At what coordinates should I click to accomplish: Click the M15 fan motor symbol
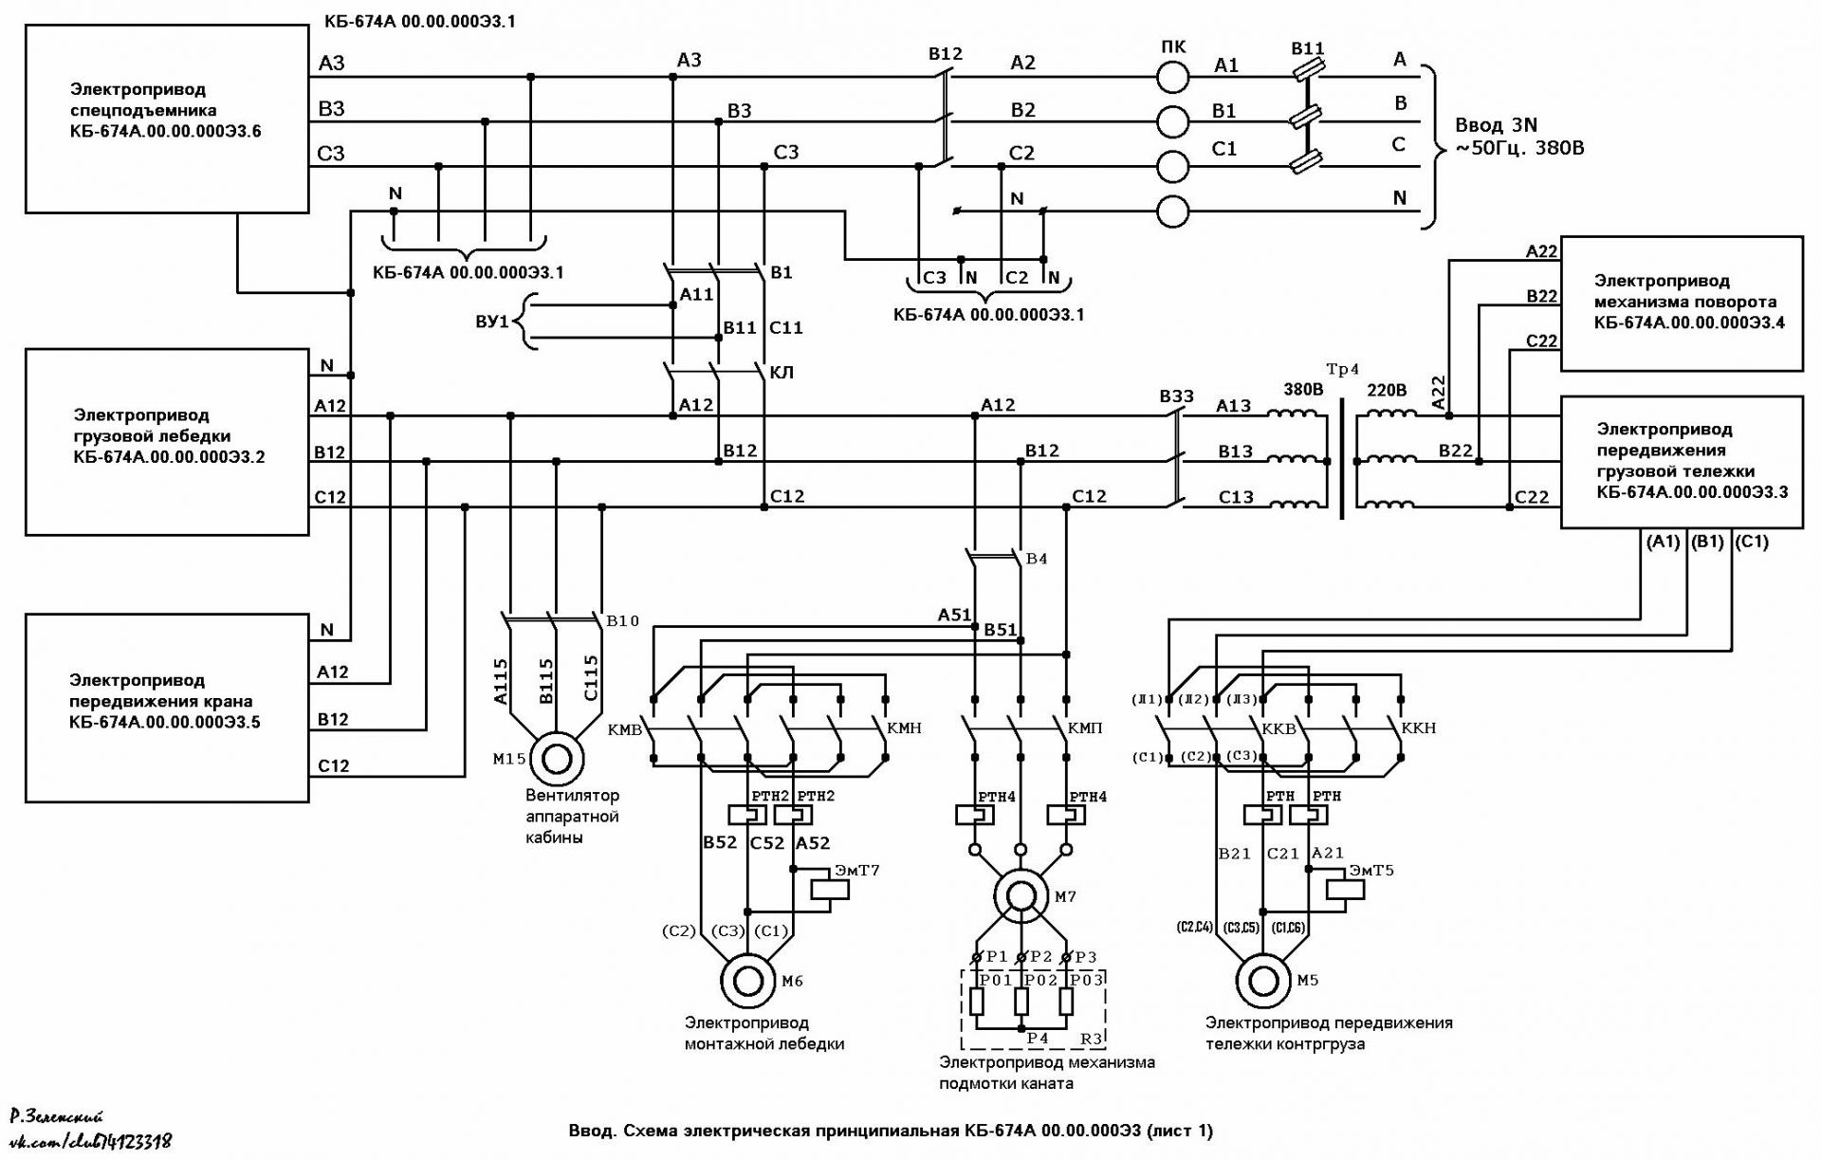(x=557, y=759)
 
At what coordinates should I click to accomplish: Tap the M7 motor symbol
(x=1021, y=896)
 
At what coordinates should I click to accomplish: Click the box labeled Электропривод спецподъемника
(x=167, y=119)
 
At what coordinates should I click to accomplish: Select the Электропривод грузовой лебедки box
(x=167, y=442)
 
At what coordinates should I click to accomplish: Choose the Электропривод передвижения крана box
(x=167, y=708)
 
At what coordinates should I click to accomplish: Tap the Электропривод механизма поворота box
(x=1682, y=304)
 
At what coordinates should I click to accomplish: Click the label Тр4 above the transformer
(x=1342, y=370)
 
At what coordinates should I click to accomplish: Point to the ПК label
(x=1173, y=47)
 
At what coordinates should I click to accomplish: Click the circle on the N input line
(x=1173, y=212)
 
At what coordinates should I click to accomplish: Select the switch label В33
(x=1176, y=396)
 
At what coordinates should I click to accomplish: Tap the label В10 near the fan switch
(x=622, y=620)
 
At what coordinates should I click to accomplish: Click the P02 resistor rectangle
(x=1021, y=1002)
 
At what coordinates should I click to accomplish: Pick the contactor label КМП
(x=1085, y=727)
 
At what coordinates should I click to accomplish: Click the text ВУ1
(x=492, y=322)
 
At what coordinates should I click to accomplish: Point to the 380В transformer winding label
(x=1303, y=389)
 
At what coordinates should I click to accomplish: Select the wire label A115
(x=501, y=681)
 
